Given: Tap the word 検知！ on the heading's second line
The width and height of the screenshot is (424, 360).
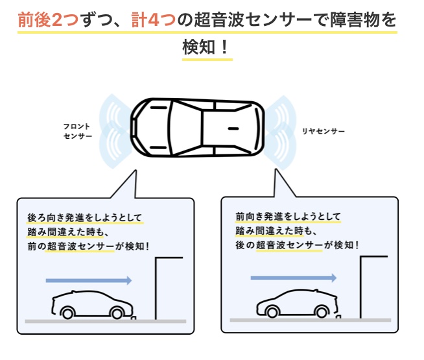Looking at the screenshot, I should click(x=207, y=47).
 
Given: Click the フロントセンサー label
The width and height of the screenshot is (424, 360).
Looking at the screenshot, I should click(x=77, y=130).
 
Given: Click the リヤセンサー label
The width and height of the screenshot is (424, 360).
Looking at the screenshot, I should click(x=323, y=131).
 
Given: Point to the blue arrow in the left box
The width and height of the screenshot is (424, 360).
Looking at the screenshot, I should click(x=89, y=280).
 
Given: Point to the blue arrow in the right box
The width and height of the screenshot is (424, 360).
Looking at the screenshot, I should click(x=294, y=278).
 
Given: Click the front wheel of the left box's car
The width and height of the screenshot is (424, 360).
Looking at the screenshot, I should click(x=117, y=313).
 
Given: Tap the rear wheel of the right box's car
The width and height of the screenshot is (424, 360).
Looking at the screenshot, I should click(x=268, y=312).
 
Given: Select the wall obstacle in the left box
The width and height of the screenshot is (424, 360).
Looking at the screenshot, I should click(x=158, y=285).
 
